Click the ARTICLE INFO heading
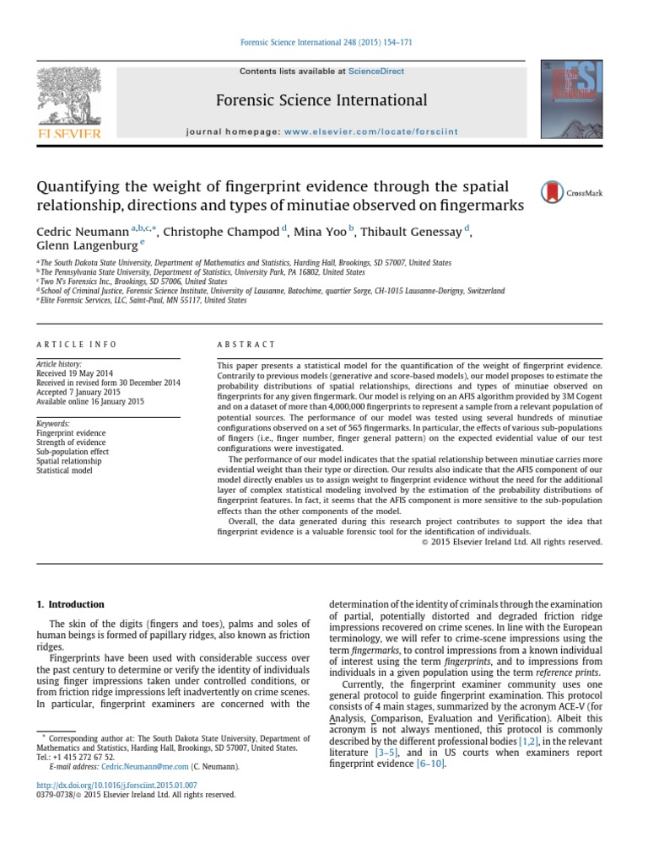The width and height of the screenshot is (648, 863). tap(77, 344)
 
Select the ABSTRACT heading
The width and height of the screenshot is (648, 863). tap(246, 344)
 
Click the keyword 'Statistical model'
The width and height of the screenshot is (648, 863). tap(65, 470)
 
